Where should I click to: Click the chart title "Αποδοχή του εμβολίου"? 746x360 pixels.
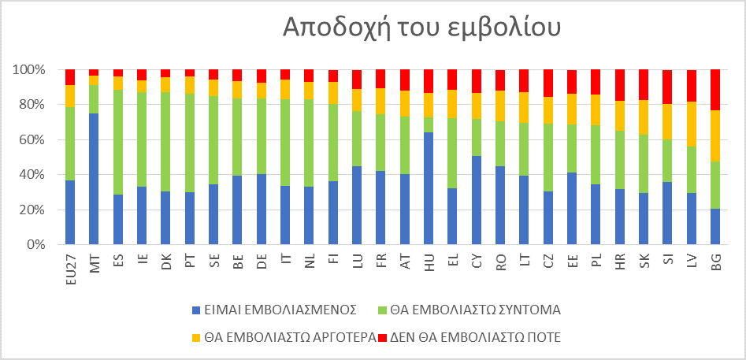(421, 27)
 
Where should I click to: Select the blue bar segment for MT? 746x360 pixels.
(95, 179)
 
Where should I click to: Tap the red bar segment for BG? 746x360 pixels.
(715, 90)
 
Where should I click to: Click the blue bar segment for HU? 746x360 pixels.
(429, 188)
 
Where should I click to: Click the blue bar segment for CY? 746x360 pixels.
(477, 200)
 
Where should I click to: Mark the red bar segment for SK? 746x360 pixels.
(644, 85)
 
